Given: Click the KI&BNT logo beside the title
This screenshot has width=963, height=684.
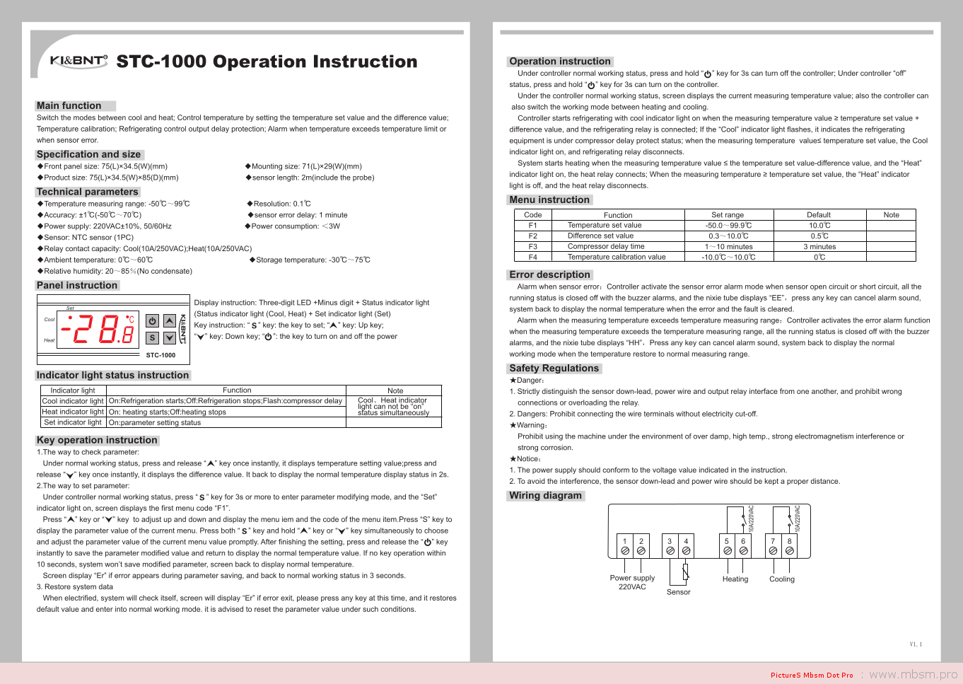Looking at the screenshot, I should pyautogui.click(x=78, y=61).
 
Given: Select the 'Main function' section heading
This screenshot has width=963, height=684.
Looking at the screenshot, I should pyautogui.click(x=69, y=105).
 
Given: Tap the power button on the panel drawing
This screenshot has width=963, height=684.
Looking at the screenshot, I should pyautogui.click(x=152, y=320).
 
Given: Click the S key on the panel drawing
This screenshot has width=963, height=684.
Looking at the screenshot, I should pyautogui.click(x=152, y=337).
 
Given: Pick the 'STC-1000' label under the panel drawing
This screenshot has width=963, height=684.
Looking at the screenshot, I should pyautogui.click(x=160, y=355).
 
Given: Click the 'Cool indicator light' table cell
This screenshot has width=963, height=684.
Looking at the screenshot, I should pyautogui.click(x=73, y=401).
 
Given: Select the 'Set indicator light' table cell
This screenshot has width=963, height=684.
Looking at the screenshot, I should pyautogui.click(x=73, y=422).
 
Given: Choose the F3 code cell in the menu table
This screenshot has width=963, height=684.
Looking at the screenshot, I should pyautogui.click(x=533, y=247).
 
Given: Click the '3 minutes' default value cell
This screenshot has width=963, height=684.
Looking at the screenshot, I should pyautogui.click(x=819, y=247).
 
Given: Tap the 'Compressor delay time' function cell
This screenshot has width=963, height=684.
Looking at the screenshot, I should pyautogui.click(x=606, y=247).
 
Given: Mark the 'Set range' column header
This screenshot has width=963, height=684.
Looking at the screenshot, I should pyautogui.click(x=728, y=215).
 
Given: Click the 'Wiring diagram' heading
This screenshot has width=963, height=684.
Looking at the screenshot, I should pyautogui.click(x=546, y=496).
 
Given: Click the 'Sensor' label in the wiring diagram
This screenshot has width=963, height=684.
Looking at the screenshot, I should pyautogui.click(x=678, y=592).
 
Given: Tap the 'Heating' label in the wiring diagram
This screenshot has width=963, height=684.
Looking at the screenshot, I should pyautogui.click(x=735, y=579).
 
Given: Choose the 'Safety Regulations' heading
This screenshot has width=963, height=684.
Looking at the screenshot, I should pyautogui.click(x=554, y=369).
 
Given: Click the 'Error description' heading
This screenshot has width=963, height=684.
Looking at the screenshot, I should pyautogui.click(x=550, y=275).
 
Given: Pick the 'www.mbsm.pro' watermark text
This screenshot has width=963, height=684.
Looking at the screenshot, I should pyautogui.click(x=913, y=675).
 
